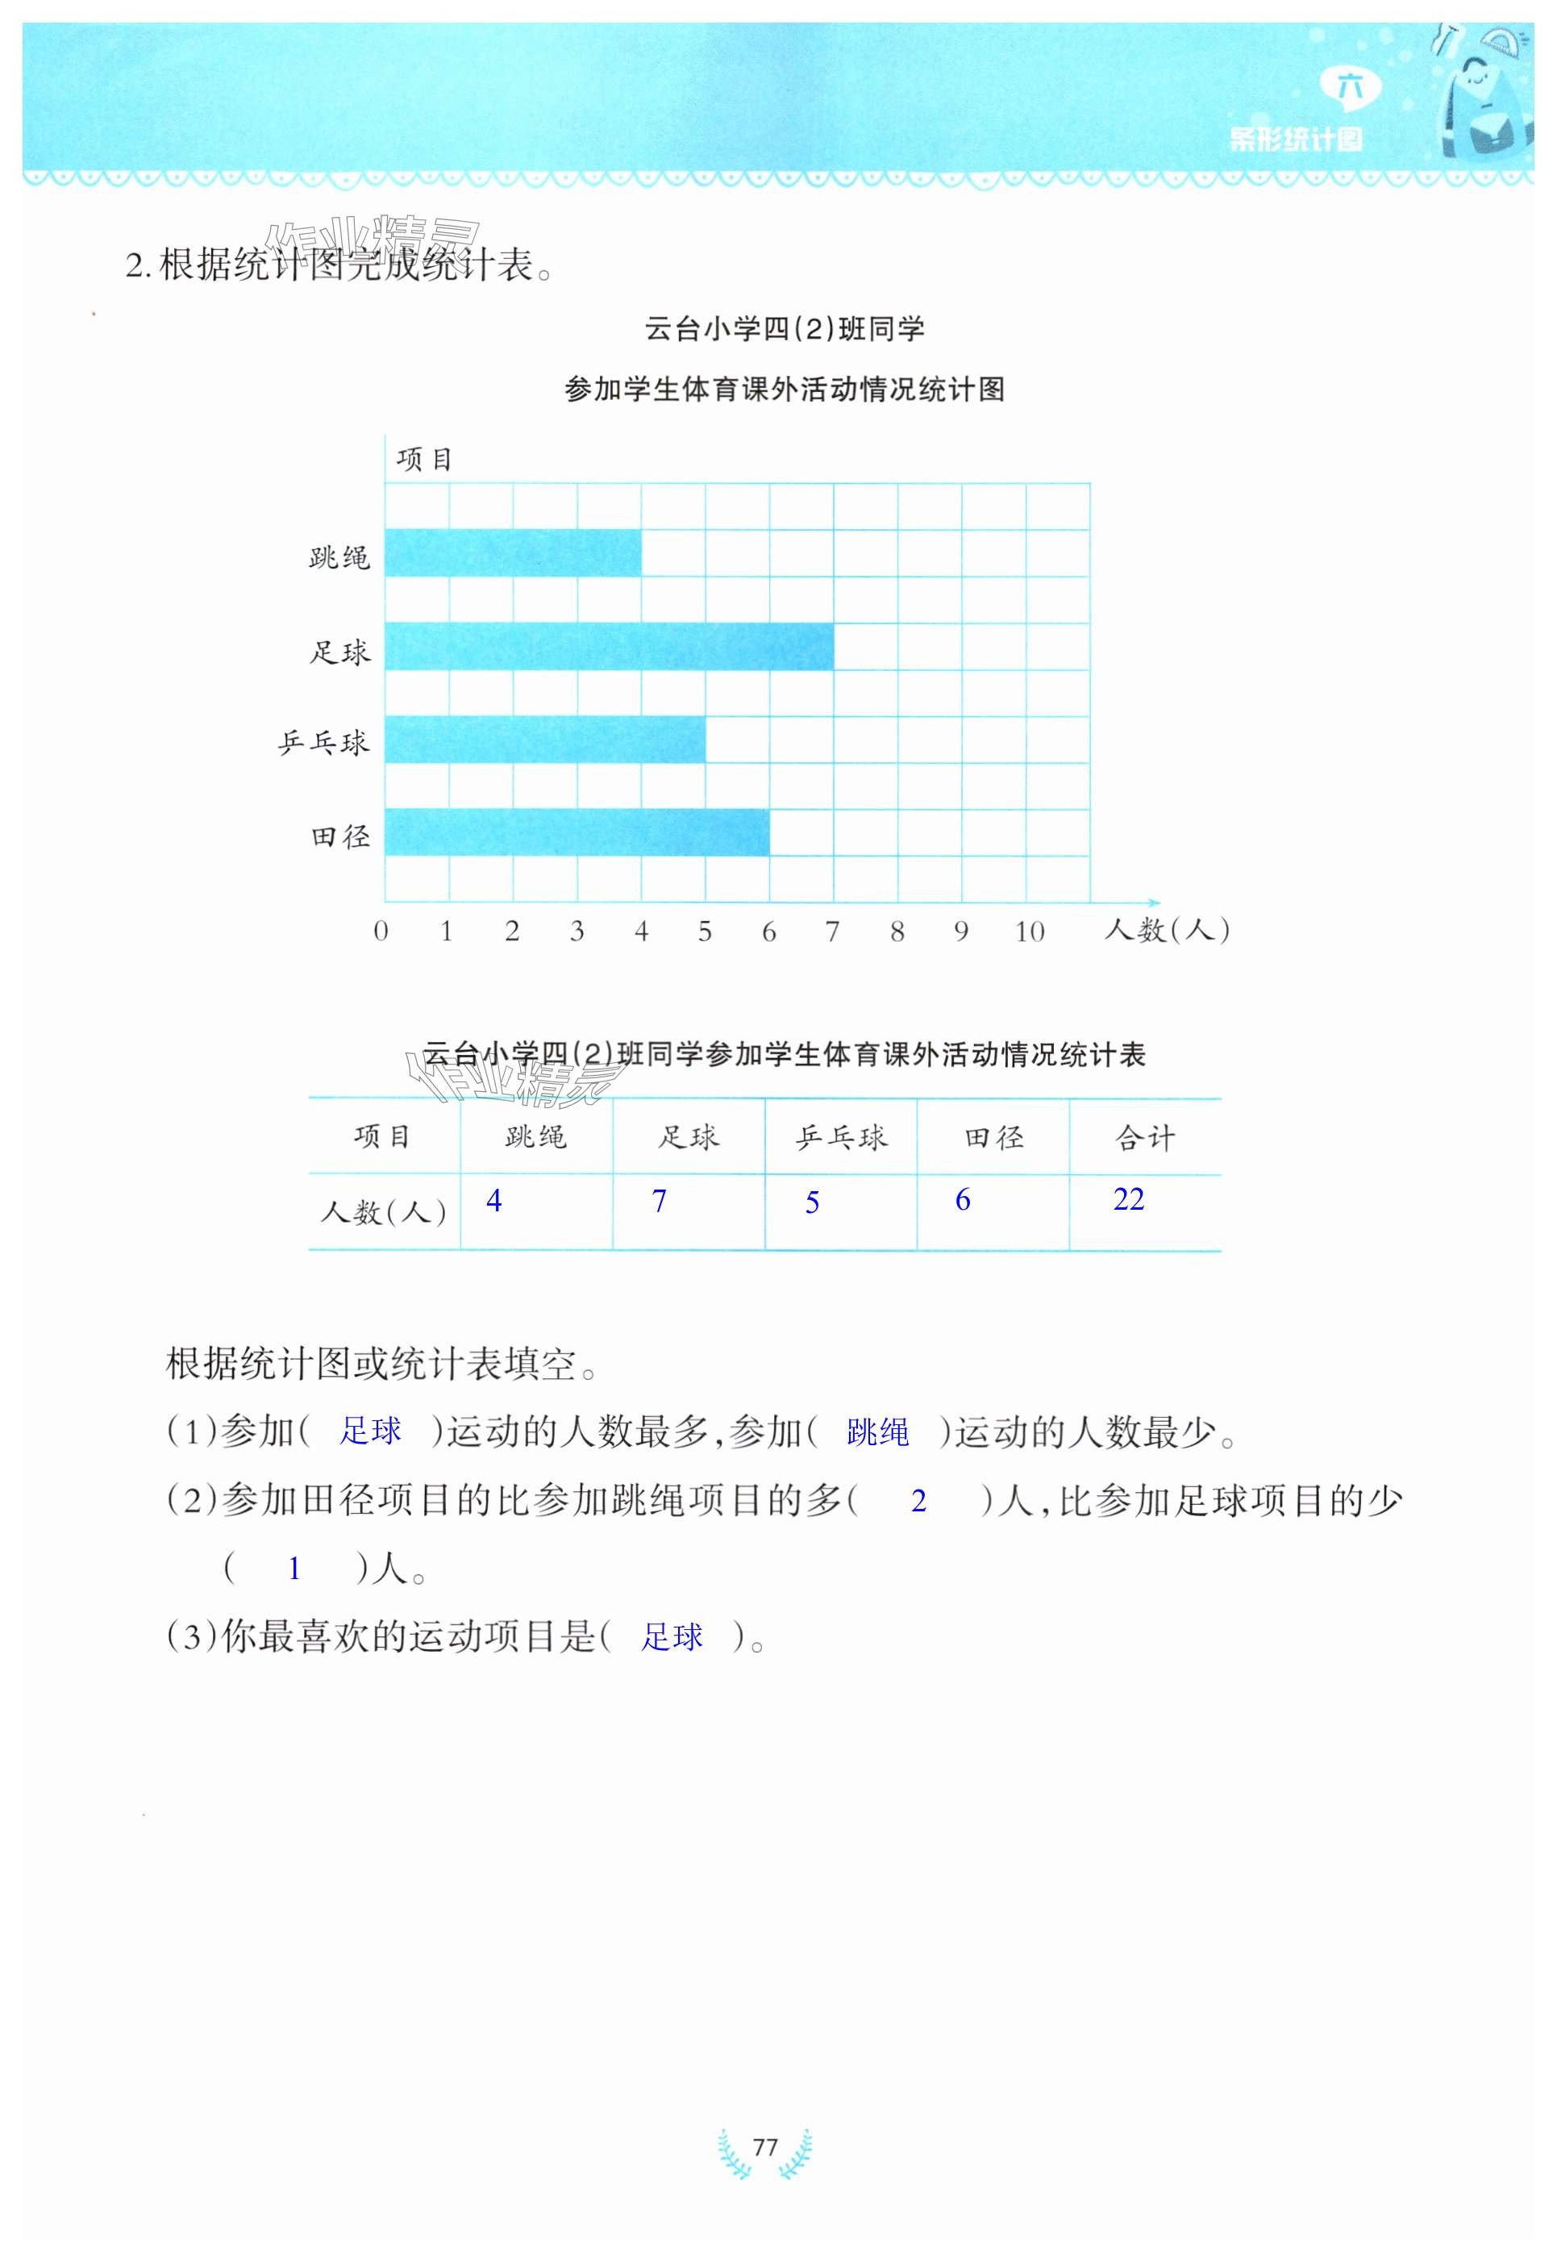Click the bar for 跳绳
pos(513,553)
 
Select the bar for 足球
pos(609,646)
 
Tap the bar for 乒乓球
pos(544,739)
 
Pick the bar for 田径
pos(577,831)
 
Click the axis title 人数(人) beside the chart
pos(1166,930)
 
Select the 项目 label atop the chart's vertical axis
pos(424,459)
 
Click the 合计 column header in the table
pos(1144,1137)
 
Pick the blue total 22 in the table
pos(1128,1199)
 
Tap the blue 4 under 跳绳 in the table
pos(493,1200)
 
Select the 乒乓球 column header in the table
pos(841,1137)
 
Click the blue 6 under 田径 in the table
pos(962,1200)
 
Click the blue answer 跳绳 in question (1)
pos(877,1432)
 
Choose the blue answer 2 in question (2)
pos(918,1501)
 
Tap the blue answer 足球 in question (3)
pos(671,1636)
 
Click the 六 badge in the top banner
pos(1351,88)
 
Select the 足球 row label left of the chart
pos(339,652)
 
